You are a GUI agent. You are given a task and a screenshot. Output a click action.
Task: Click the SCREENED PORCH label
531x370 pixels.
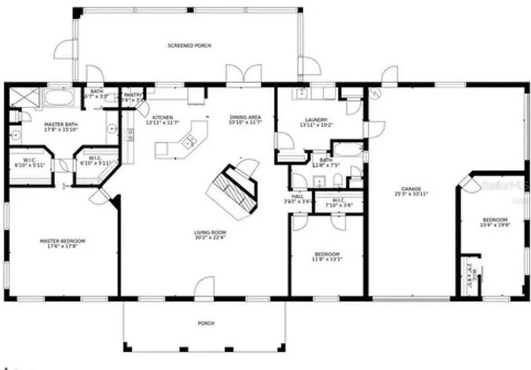[x=189, y=46]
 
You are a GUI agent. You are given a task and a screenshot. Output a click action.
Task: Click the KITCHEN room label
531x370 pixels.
[x=163, y=117]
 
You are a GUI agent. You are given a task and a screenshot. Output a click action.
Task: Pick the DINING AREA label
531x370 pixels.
[x=245, y=117]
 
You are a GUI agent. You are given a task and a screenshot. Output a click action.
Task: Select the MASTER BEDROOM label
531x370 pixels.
[x=63, y=240]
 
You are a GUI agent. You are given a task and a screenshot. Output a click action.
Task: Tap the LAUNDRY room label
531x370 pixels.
[x=315, y=120]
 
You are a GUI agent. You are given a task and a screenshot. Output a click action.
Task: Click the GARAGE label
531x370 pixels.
[x=410, y=189]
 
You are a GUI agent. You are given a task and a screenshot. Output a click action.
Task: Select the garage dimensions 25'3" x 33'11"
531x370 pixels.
[x=410, y=194]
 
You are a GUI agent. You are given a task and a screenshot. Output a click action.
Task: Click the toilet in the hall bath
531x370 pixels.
[x=337, y=180]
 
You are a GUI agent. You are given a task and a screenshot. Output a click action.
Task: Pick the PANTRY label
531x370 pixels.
[x=133, y=95]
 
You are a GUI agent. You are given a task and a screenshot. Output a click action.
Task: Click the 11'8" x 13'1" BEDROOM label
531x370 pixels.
[x=328, y=254]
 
